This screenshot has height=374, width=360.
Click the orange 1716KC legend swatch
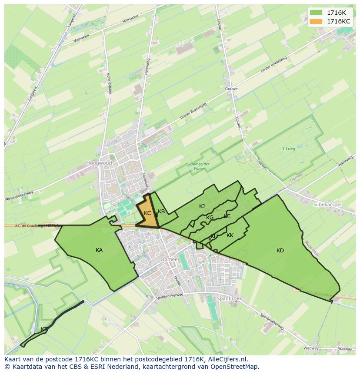[x=316, y=21]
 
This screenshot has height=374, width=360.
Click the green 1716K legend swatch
[x=316, y=13]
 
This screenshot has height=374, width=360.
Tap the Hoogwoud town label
[x=99, y=163]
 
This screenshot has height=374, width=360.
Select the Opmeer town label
[x=170, y=259]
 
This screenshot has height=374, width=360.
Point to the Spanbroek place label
[x=230, y=298]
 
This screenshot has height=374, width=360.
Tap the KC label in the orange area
[x=147, y=213]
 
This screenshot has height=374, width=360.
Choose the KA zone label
[x=99, y=250]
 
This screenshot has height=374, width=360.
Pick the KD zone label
[x=280, y=250]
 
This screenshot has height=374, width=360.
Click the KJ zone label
[x=202, y=206]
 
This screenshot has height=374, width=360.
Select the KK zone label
[x=230, y=235]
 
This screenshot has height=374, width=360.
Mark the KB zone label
[x=161, y=212]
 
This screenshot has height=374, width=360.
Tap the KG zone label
[x=210, y=218]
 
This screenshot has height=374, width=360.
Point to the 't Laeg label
[x=288, y=149]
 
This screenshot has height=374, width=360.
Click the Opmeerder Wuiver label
[x=200, y=166]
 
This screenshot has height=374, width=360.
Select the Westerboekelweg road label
[x=19, y=196]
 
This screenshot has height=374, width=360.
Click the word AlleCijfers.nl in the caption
[x=227, y=359]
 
